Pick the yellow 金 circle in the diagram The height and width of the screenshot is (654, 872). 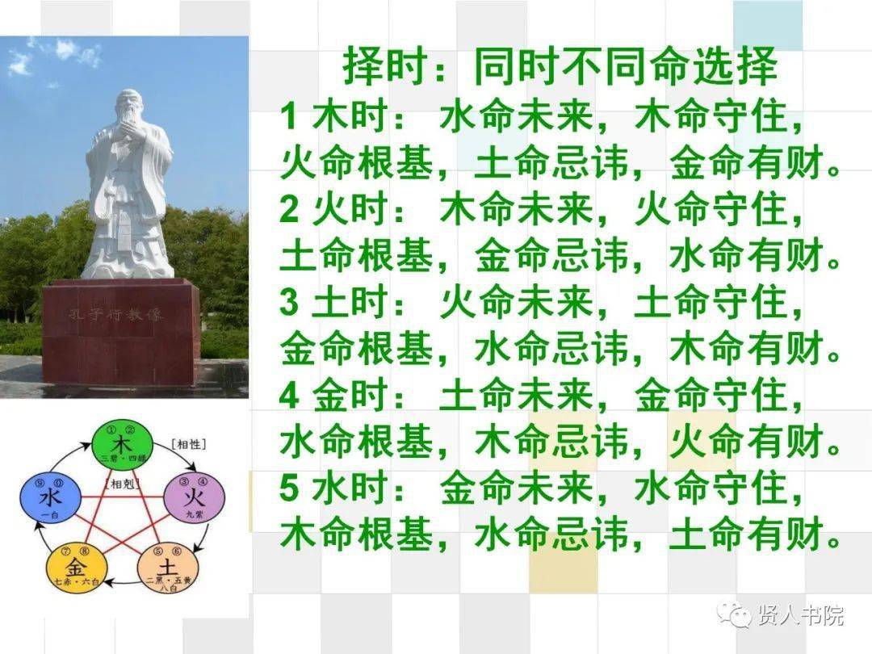coord(78,564)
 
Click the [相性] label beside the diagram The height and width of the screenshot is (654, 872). coord(189,444)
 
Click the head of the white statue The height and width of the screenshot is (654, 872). coord(129,109)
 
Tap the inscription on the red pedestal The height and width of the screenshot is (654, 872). coord(115,314)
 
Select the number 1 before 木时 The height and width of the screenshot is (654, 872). coord(289,118)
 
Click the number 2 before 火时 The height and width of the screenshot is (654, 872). coord(289,211)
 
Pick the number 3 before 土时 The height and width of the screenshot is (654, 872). coord(289,304)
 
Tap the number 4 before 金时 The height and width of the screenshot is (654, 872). coord(289,396)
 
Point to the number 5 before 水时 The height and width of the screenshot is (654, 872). coord(289,489)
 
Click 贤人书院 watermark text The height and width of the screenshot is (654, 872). coord(800,615)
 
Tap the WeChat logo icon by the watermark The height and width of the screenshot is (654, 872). coord(736,614)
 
